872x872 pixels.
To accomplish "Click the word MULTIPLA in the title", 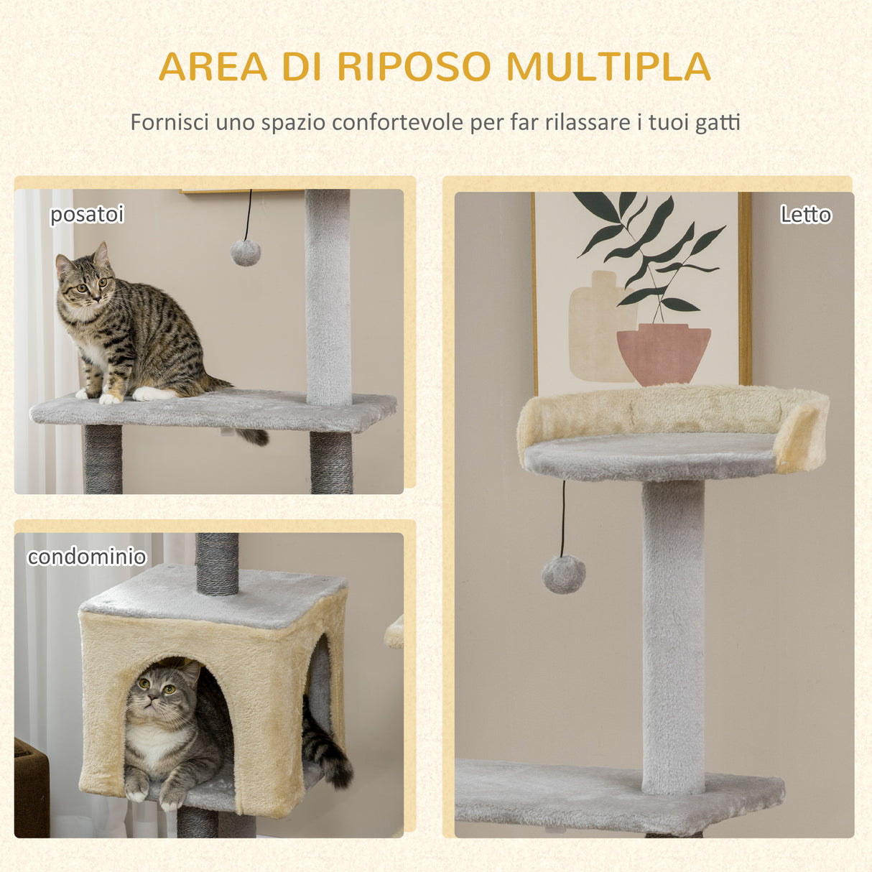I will click(x=608, y=66).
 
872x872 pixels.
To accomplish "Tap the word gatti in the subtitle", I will click(x=718, y=123).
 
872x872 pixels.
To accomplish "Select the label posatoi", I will click(x=87, y=214).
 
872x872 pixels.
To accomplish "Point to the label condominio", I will click(x=87, y=557).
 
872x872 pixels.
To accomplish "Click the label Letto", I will click(x=805, y=214).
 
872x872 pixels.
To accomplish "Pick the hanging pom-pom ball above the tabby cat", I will click(x=245, y=253).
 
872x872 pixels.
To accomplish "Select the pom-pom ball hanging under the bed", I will click(x=563, y=575).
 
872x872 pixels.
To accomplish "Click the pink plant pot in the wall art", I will click(x=663, y=353).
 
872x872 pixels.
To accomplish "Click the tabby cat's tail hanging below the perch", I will click(x=253, y=435).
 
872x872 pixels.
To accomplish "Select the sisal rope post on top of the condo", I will click(x=217, y=564).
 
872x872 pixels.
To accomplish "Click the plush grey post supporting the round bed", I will click(x=673, y=632).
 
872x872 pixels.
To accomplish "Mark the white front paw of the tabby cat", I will click(x=110, y=397).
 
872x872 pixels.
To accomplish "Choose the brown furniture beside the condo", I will click(x=31, y=790).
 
